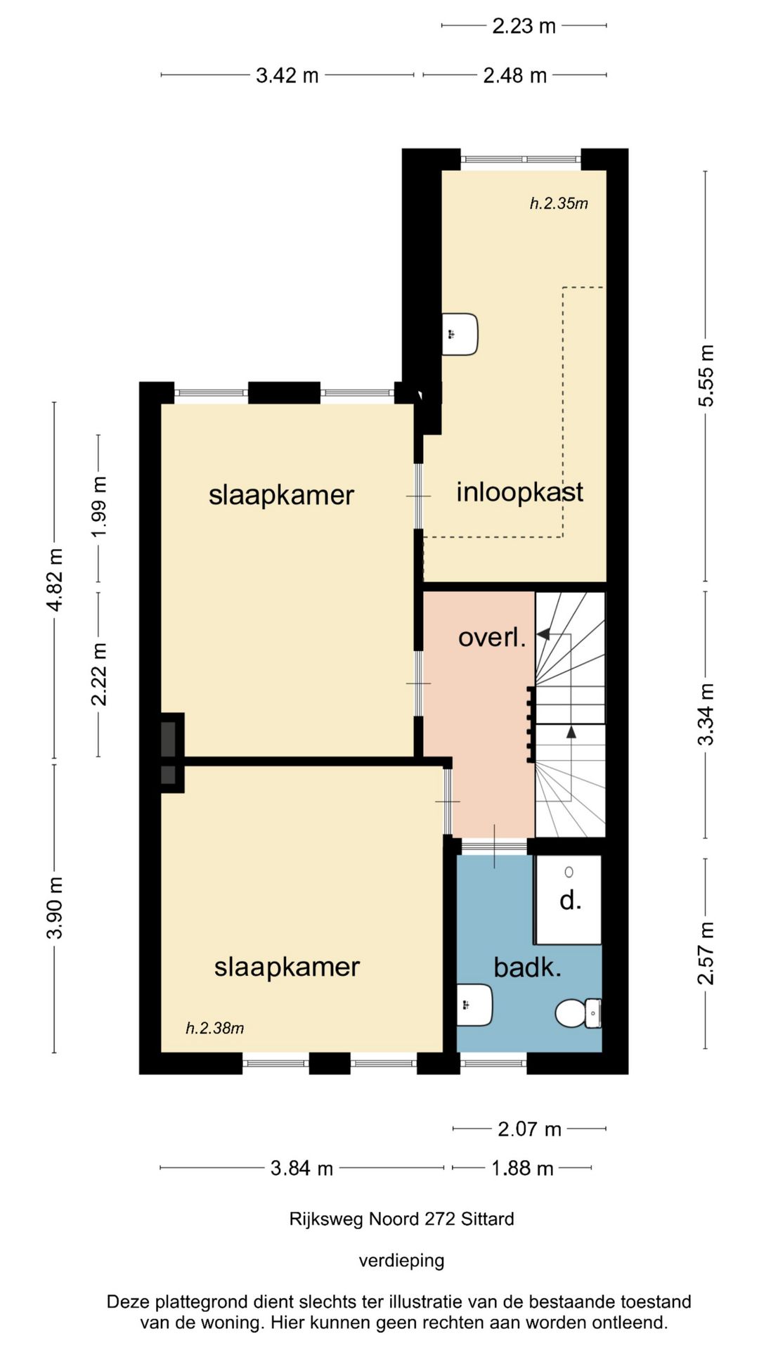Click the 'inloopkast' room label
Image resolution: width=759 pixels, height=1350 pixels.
coord(519,492)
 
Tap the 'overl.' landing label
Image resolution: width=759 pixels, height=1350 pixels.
coord(492,637)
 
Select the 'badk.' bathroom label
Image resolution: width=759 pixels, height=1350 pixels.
coord(527,967)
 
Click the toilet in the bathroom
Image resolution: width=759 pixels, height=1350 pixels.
coord(578,1013)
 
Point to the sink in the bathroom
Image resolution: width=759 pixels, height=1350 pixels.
coord(474,1005)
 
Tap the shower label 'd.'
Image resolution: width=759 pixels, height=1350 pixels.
coord(570,900)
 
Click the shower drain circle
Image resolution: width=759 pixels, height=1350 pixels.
coord(569,872)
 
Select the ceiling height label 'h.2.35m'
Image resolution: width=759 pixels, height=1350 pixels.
coord(559,204)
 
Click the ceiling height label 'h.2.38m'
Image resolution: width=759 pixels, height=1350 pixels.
coord(214,1028)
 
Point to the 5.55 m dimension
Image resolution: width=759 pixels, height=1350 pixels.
coord(706,375)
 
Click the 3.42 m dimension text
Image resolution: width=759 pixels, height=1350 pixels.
coord(287,75)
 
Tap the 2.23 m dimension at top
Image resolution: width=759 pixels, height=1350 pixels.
coord(524,26)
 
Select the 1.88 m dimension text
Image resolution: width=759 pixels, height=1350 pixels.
coord(522,1168)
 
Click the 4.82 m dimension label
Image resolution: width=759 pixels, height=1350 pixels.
coord(55,580)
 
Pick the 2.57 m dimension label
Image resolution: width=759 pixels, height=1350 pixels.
coord(706,953)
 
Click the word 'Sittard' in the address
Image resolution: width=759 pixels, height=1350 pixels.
coord(488,1219)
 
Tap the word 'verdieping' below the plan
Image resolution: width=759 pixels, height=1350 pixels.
coord(401,1260)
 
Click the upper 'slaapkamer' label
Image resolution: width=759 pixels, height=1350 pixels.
coord(281,495)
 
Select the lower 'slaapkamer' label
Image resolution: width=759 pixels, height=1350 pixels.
coord(287,967)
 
